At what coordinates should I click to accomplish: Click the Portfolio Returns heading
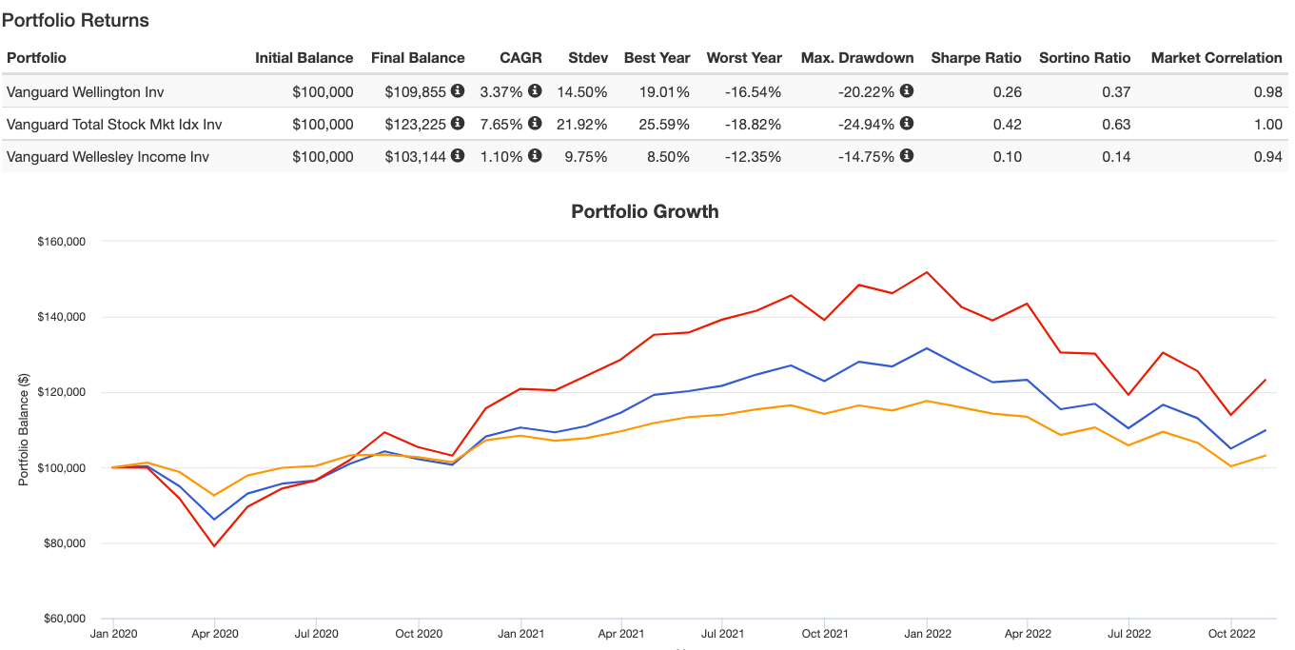click(76, 20)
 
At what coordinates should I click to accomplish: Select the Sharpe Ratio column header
click(976, 58)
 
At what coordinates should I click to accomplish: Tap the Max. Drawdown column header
click(857, 58)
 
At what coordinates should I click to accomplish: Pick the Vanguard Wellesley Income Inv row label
click(108, 157)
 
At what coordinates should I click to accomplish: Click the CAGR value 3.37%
click(501, 92)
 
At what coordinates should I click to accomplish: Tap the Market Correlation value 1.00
click(1267, 125)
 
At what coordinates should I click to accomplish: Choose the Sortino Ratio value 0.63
click(1116, 125)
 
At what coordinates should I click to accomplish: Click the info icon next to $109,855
click(458, 91)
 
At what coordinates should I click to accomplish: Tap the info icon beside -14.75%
click(907, 156)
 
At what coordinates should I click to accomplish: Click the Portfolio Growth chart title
click(645, 211)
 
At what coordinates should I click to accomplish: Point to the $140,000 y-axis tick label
click(60, 317)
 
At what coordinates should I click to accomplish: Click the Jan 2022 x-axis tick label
click(926, 633)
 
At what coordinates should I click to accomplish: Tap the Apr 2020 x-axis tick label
click(214, 633)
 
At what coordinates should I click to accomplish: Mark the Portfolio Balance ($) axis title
click(24, 429)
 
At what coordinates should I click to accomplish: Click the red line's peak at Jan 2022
click(926, 272)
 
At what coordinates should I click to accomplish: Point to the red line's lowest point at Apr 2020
click(214, 546)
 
